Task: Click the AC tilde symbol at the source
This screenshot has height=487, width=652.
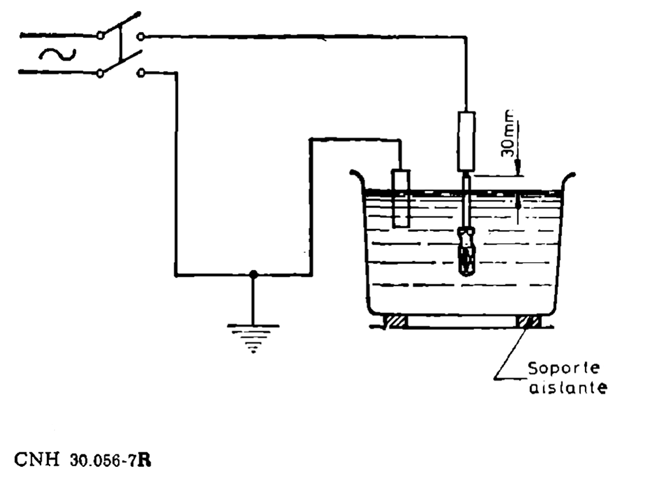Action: coord(57,54)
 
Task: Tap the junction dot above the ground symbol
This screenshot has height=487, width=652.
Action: coord(254,275)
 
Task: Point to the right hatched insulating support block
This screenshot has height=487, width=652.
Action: coord(527,321)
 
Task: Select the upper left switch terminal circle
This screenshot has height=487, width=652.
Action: coord(100,36)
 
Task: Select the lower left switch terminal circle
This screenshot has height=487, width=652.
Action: coord(100,73)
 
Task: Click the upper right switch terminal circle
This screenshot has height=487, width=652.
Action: coord(141,37)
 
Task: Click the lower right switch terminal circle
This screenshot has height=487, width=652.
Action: coord(141,74)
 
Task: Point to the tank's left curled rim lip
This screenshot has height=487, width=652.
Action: coord(356,176)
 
